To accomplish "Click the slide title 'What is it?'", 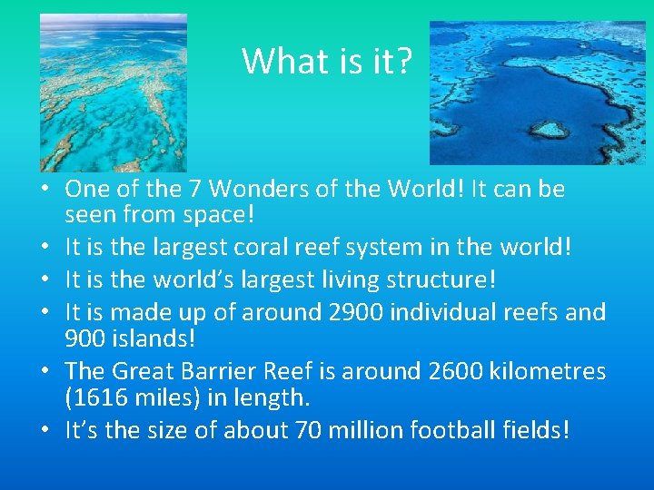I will (327, 61).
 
